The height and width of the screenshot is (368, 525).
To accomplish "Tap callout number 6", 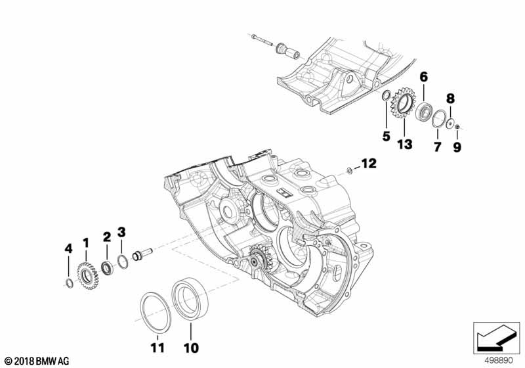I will (424, 77).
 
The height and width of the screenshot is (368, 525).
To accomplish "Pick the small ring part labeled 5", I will (387, 98).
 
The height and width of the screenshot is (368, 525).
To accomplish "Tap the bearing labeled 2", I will (106, 267).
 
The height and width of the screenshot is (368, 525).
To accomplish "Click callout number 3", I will (121, 231).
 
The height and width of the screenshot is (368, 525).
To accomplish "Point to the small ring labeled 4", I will (69, 283).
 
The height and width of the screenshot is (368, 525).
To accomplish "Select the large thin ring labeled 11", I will (158, 308).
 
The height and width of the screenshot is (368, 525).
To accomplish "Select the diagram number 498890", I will (499, 361).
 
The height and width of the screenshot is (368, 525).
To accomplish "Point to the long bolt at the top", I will (261, 40).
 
